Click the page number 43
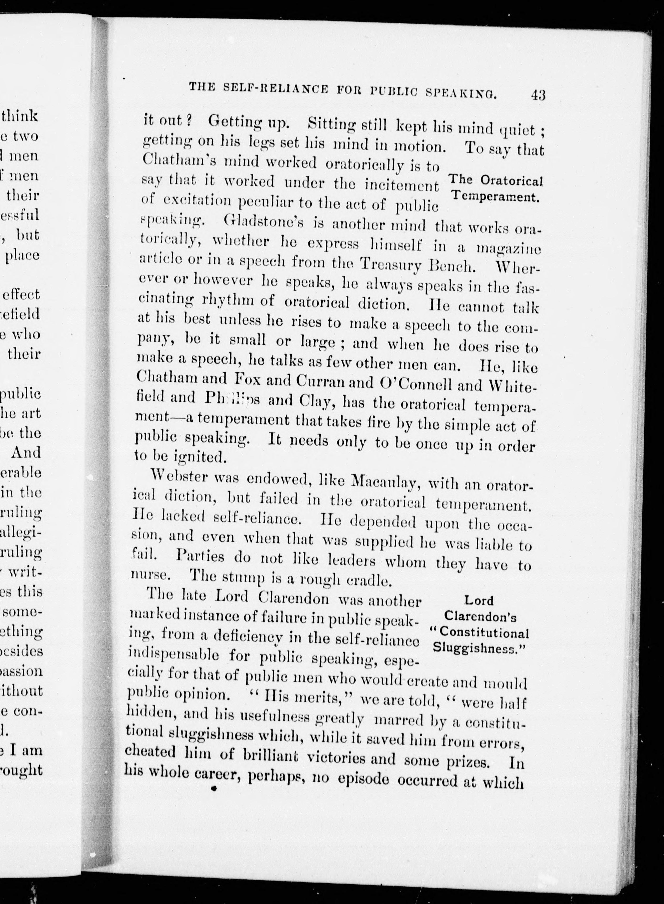point(537,95)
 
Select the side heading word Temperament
point(495,197)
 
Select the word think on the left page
point(20,116)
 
